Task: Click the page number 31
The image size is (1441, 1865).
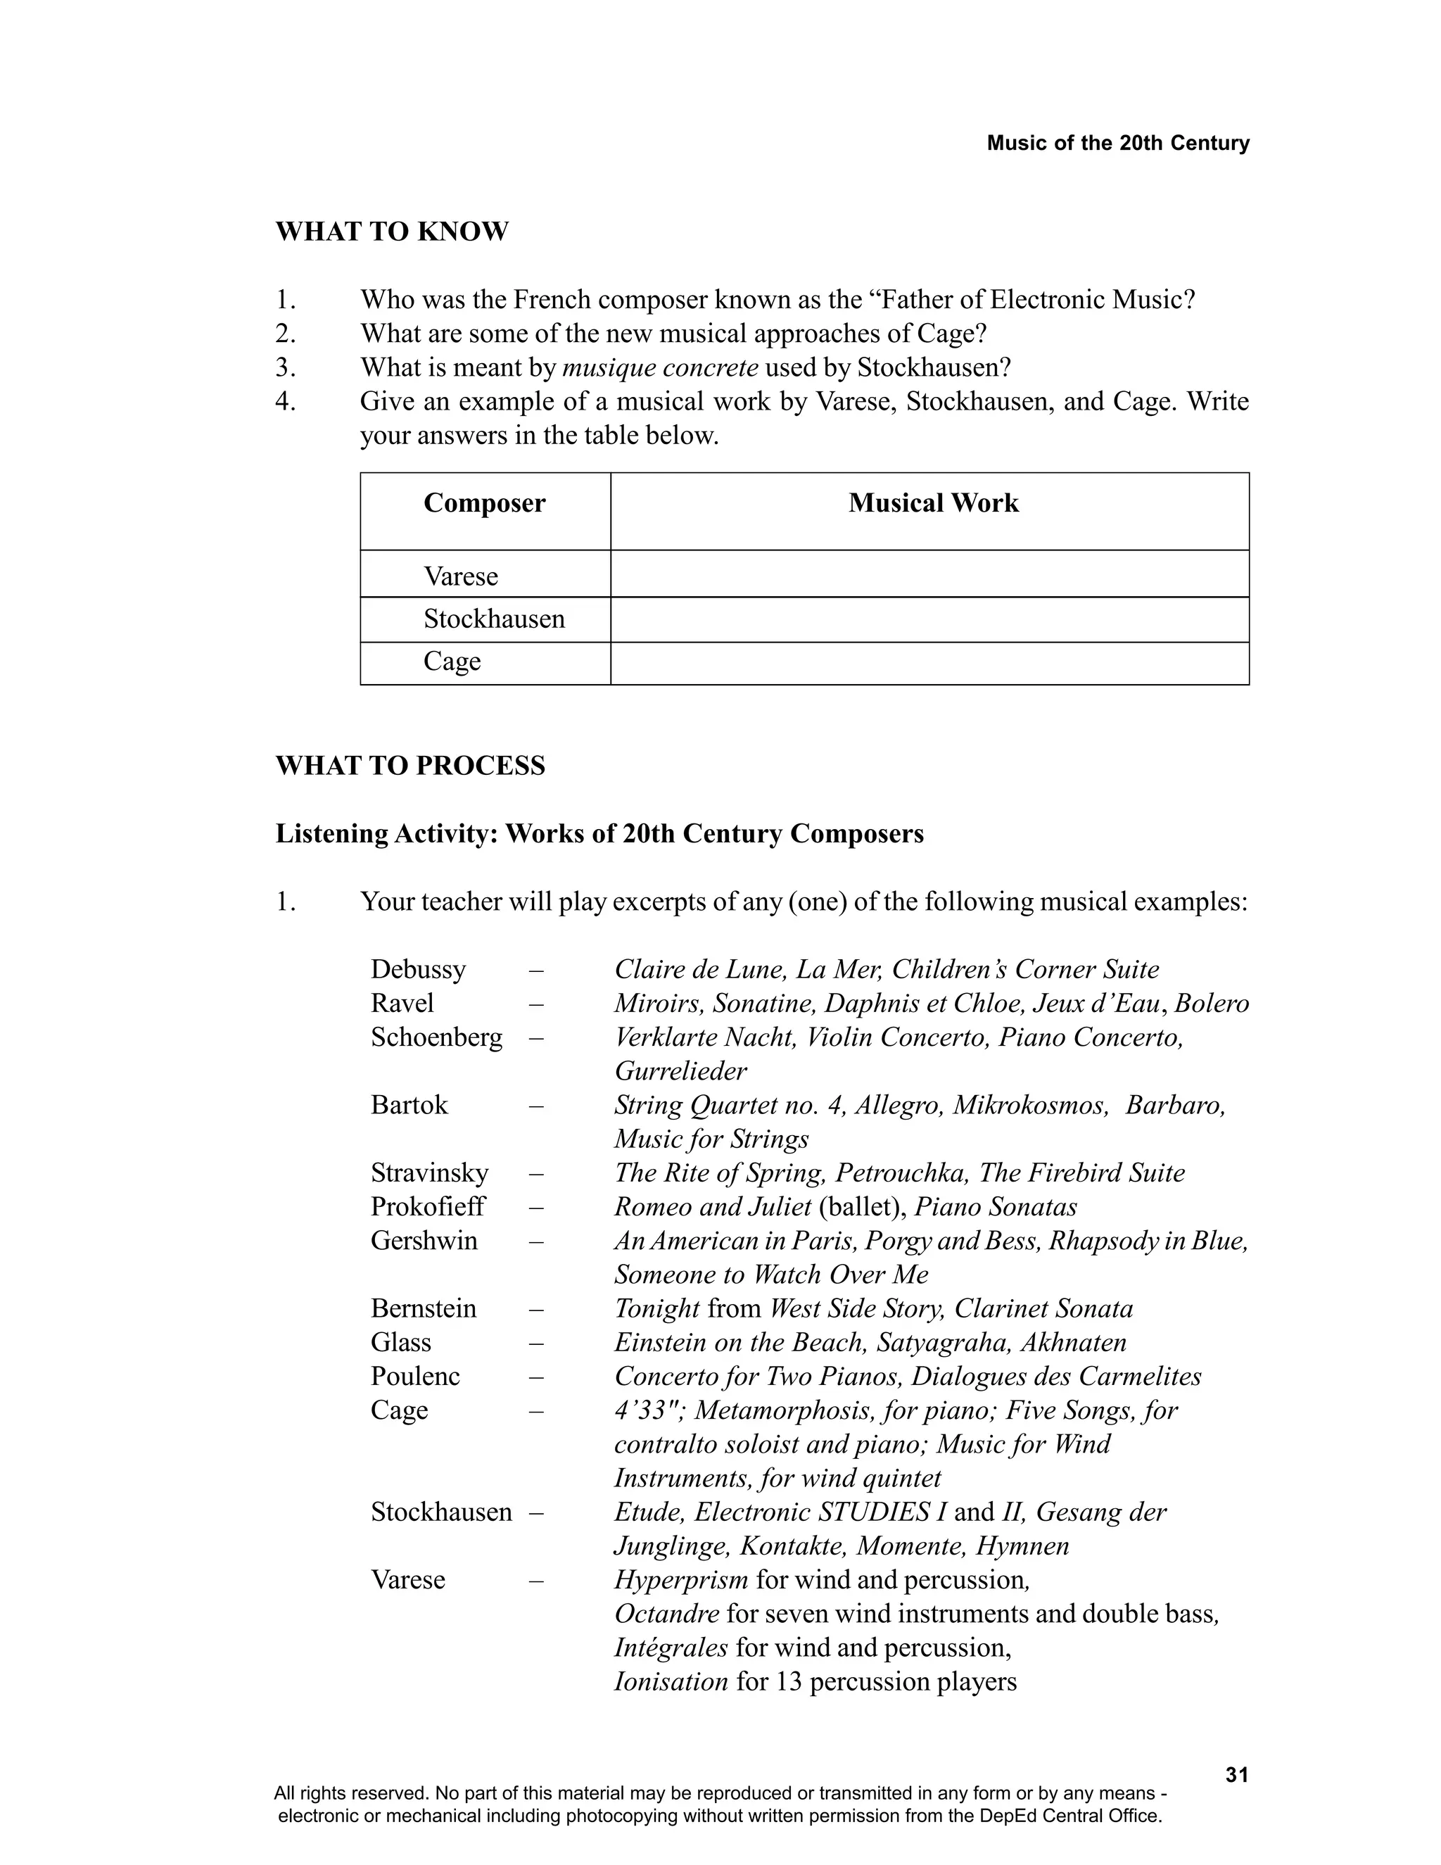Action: point(1236,1774)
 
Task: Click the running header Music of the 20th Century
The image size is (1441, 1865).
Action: point(1117,143)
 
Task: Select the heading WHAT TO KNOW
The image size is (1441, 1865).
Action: point(392,232)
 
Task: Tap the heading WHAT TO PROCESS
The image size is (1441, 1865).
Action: point(410,765)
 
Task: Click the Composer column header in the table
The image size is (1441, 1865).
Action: point(484,503)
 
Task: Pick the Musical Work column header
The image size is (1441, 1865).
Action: point(933,503)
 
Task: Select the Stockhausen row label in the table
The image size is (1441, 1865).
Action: point(494,619)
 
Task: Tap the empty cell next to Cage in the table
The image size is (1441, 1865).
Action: point(929,664)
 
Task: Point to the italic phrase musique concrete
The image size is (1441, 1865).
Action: point(660,367)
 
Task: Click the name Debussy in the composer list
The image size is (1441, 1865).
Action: point(417,969)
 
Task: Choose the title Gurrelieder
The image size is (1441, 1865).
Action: point(680,1071)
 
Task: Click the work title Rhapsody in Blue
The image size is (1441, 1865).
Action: point(1148,1240)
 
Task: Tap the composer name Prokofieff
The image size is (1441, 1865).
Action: point(427,1206)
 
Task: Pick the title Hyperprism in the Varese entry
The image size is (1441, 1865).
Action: point(681,1580)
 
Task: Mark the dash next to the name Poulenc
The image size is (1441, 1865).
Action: point(536,1377)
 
